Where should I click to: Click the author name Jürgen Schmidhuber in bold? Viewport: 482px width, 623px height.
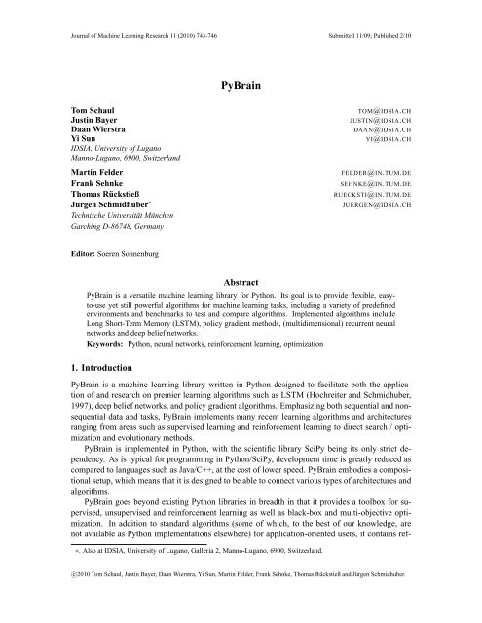[x=107, y=211]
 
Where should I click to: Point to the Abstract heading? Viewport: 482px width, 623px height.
[x=241, y=277]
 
